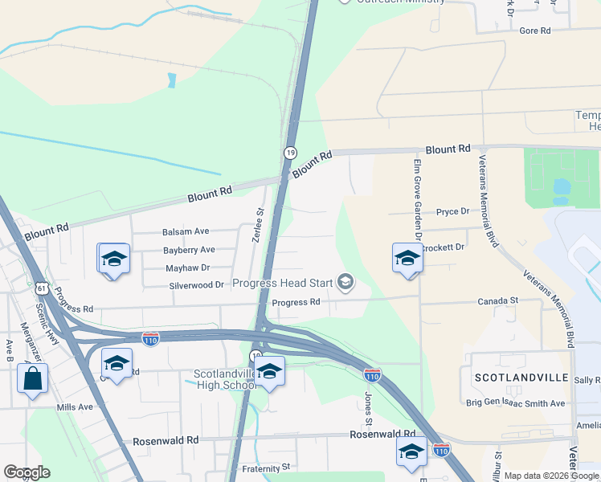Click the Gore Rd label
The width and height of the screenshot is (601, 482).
(534, 31)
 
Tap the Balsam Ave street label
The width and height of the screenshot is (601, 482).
(186, 231)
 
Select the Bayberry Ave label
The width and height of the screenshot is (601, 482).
(189, 250)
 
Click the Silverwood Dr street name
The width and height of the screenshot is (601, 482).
(196, 285)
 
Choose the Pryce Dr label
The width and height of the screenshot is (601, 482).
(452, 212)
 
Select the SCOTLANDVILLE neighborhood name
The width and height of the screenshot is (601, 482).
(526, 378)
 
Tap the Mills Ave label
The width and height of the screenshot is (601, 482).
(75, 407)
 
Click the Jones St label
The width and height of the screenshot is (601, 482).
(369, 408)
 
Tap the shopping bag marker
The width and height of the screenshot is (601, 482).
(32, 378)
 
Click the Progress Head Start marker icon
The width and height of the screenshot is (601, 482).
(346, 281)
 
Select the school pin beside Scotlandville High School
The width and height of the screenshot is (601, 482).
(269, 371)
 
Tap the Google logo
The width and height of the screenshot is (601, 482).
(26, 472)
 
